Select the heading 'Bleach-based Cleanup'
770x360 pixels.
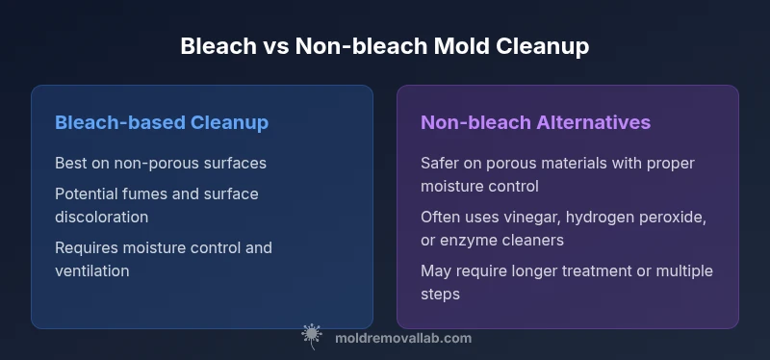(162, 122)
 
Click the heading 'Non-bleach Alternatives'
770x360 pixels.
(535, 122)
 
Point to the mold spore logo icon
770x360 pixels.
(311, 336)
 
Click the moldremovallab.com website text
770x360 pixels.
(403, 339)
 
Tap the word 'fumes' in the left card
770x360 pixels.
(144, 194)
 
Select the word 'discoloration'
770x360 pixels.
(102, 218)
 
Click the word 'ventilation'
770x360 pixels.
(91, 270)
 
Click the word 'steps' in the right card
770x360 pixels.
(440, 295)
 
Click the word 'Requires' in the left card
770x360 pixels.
(87, 248)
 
